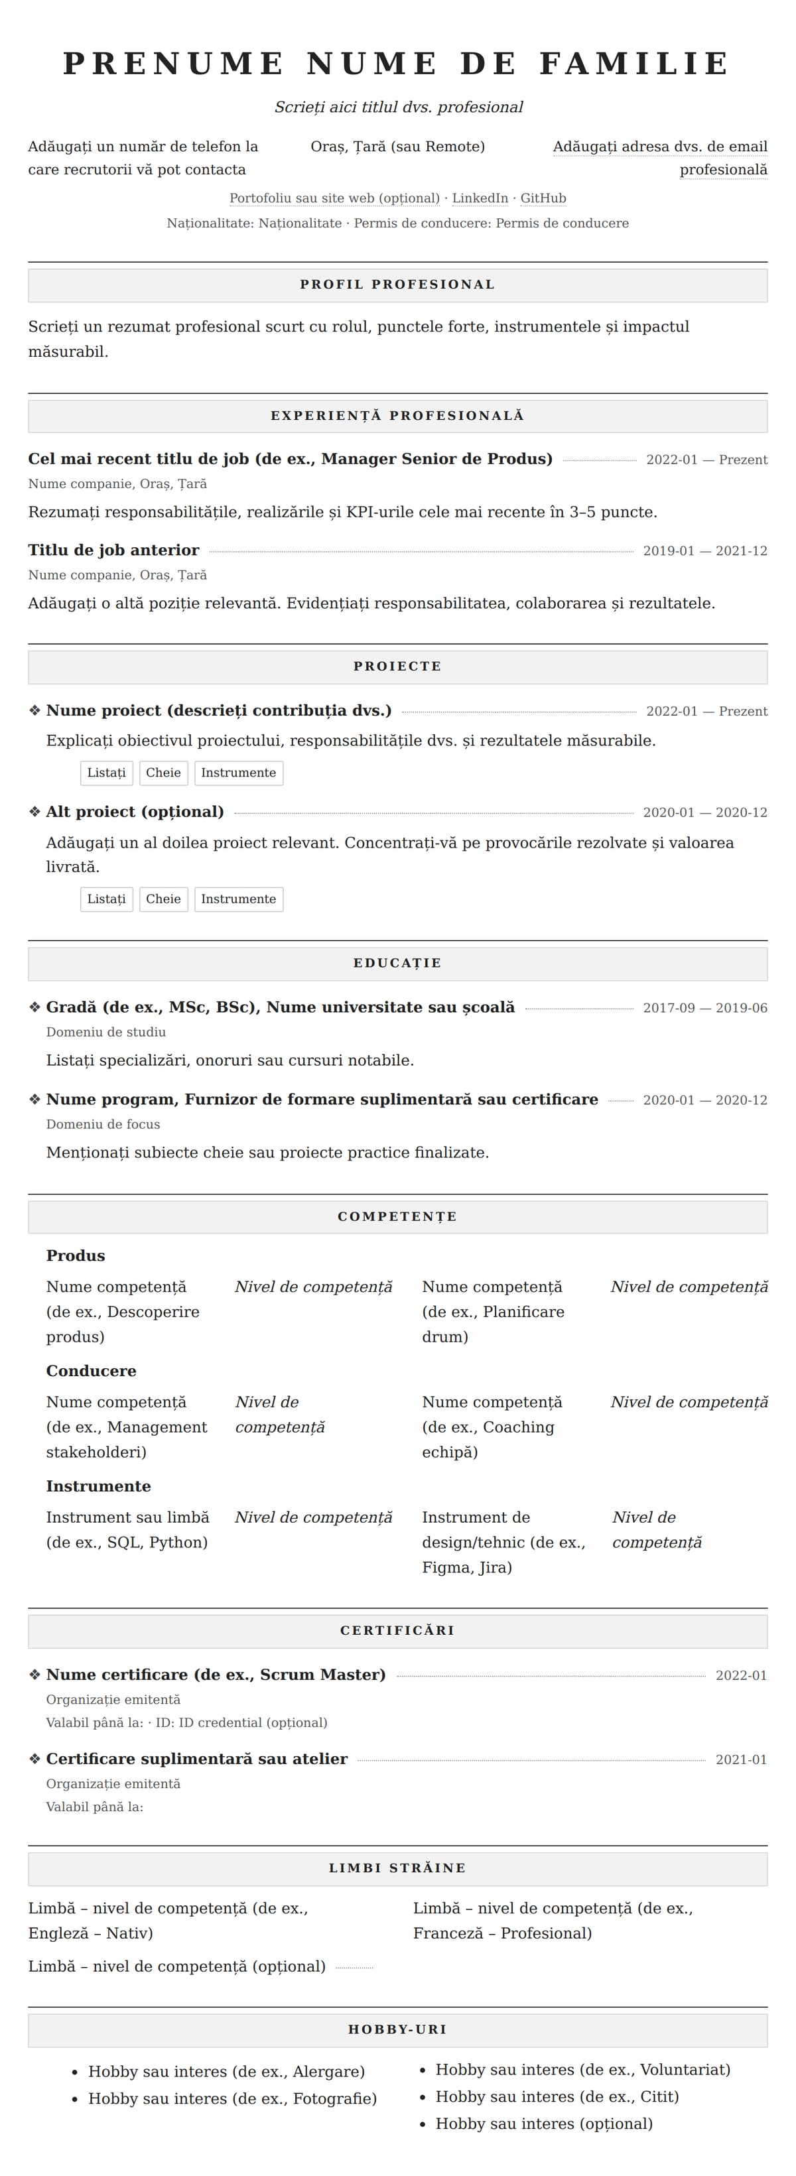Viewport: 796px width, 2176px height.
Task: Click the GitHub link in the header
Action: pos(543,198)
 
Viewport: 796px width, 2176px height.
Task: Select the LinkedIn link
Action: pos(480,198)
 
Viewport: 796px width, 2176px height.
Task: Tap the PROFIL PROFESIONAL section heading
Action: pos(397,285)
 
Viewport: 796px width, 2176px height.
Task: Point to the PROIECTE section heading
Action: pos(397,667)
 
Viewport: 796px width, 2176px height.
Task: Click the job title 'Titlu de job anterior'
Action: pos(113,550)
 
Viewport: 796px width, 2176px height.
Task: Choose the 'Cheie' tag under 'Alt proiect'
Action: pos(163,899)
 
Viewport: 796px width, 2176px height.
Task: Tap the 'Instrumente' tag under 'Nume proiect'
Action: pos(238,773)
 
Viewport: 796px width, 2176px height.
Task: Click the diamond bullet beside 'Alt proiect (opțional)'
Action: pos(34,812)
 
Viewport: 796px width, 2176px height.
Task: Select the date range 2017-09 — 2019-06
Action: pos(704,1008)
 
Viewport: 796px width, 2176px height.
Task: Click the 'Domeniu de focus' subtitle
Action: pos(103,1124)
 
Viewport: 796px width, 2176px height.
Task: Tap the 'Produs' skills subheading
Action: pos(75,1256)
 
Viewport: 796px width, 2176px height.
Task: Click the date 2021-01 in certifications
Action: pos(741,1760)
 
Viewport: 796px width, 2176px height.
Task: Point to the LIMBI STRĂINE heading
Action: pos(397,1868)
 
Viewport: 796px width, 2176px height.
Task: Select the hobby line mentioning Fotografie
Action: pos(232,2098)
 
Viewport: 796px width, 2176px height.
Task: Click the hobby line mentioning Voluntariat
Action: pos(582,2070)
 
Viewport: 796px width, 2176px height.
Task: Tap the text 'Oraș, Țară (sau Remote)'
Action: pos(398,147)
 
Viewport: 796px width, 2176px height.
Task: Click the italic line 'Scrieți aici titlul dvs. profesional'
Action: pos(398,107)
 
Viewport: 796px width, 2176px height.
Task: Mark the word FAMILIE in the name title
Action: pos(633,64)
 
